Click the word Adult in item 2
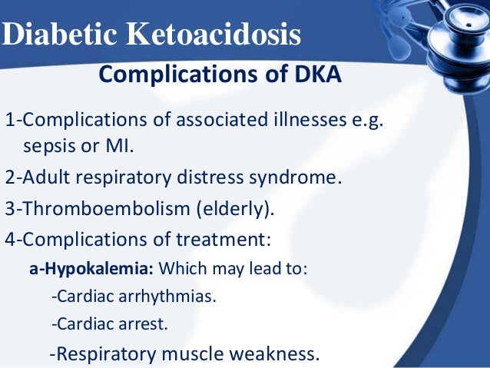pos(44,177)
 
